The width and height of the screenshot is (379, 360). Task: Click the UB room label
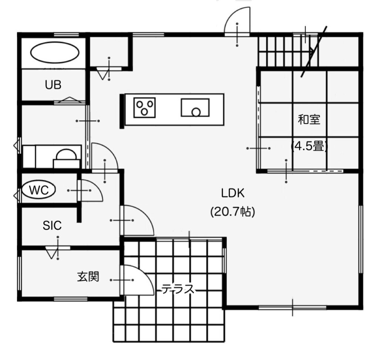coord(53,85)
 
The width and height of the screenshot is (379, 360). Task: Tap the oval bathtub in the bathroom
coord(55,53)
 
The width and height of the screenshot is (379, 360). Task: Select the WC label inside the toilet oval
coord(38,190)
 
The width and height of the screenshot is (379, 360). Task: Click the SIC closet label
coord(52,226)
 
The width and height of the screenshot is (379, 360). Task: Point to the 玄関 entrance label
coord(88,277)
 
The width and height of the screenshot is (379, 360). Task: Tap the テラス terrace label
coord(178,289)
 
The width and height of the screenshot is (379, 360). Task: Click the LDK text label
coord(233,193)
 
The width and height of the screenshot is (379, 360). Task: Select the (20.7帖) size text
coord(233,212)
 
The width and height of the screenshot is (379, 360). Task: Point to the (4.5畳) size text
coord(309,146)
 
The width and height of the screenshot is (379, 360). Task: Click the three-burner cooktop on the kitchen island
coord(144,108)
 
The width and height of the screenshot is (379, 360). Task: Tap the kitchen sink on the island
coord(195,108)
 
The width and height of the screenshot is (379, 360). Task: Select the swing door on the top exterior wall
coord(237,22)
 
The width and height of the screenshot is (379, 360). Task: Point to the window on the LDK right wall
coord(360,240)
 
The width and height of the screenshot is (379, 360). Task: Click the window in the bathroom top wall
coord(66,34)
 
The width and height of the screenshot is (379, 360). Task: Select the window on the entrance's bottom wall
coord(71,299)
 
